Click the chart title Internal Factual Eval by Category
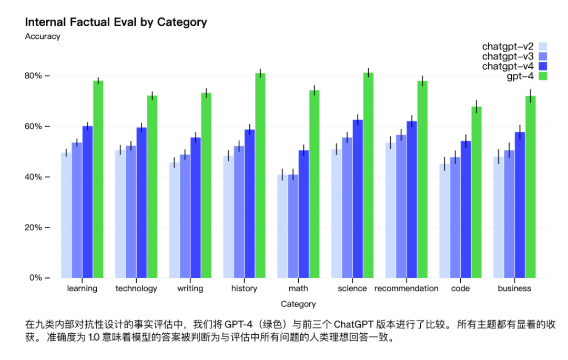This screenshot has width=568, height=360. click(x=116, y=22)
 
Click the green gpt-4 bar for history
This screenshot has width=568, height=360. click(x=260, y=176)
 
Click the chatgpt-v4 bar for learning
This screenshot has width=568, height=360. click(x=87, y=202)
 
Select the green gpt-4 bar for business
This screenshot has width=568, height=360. click(x=530, y=187)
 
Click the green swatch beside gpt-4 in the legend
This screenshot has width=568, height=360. click(x=543, y=76)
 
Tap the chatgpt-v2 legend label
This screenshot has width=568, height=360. click(x=508, y=46)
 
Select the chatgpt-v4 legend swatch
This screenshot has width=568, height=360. click(x=543, y=66)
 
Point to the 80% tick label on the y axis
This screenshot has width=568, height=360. click(x=33, y=76)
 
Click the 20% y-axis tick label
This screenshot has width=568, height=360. click(x=33, y=228)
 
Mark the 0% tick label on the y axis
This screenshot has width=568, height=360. click(x=35, y=278)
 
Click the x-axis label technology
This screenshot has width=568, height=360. click(x=136, y=289)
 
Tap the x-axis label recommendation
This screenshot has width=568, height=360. click(x=406, y=289)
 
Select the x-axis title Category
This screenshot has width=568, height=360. click(x=298, y=304)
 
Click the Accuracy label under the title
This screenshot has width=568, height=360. click(x=43, y=37)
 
